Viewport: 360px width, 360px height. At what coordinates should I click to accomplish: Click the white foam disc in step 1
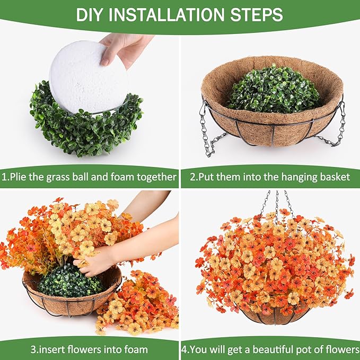click(88, 77)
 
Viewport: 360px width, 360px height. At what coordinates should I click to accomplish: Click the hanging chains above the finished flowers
click(276, 204)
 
